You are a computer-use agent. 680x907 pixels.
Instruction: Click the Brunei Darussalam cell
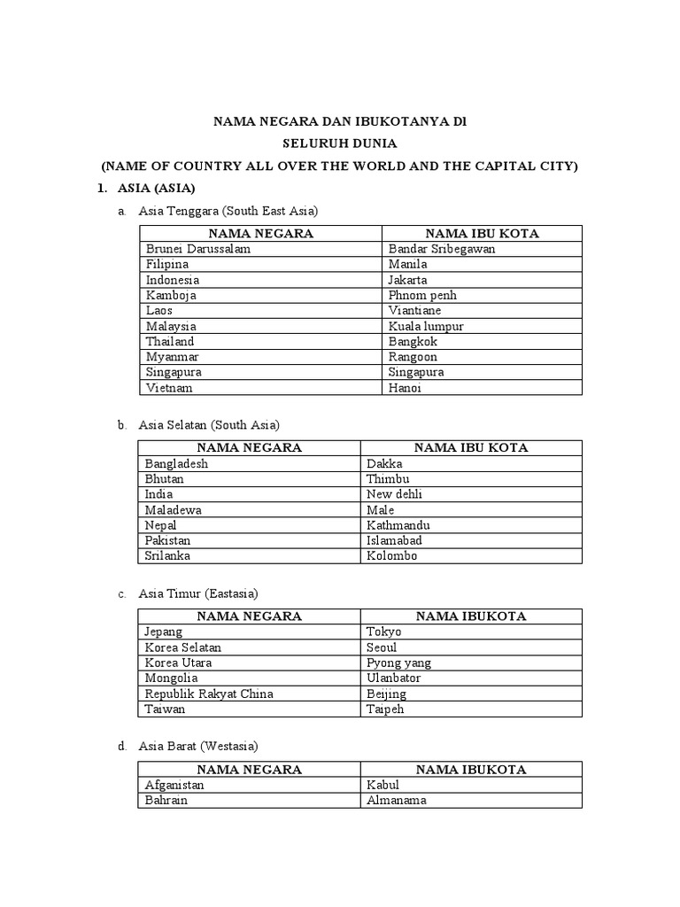click(198, 249)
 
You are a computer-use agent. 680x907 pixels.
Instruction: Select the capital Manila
click(407, 264)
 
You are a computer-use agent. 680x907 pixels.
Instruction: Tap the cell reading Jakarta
click(409, 280)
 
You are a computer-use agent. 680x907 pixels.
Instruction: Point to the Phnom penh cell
click(422, 295)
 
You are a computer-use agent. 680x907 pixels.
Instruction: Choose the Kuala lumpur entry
click(426, 326)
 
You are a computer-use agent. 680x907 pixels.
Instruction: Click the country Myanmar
click(173, 357)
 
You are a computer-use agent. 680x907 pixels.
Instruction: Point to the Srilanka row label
click(170, 556)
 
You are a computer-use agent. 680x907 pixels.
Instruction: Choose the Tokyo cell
click(383, 632)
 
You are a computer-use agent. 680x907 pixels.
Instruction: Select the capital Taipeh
click(386, 709)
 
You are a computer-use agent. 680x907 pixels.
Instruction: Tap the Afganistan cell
click(174, 785)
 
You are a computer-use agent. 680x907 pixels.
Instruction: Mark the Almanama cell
click(397, 800)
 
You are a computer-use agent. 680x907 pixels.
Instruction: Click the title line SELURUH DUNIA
click(339, 143)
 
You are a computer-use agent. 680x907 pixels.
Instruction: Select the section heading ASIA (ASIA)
click(156, 189)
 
